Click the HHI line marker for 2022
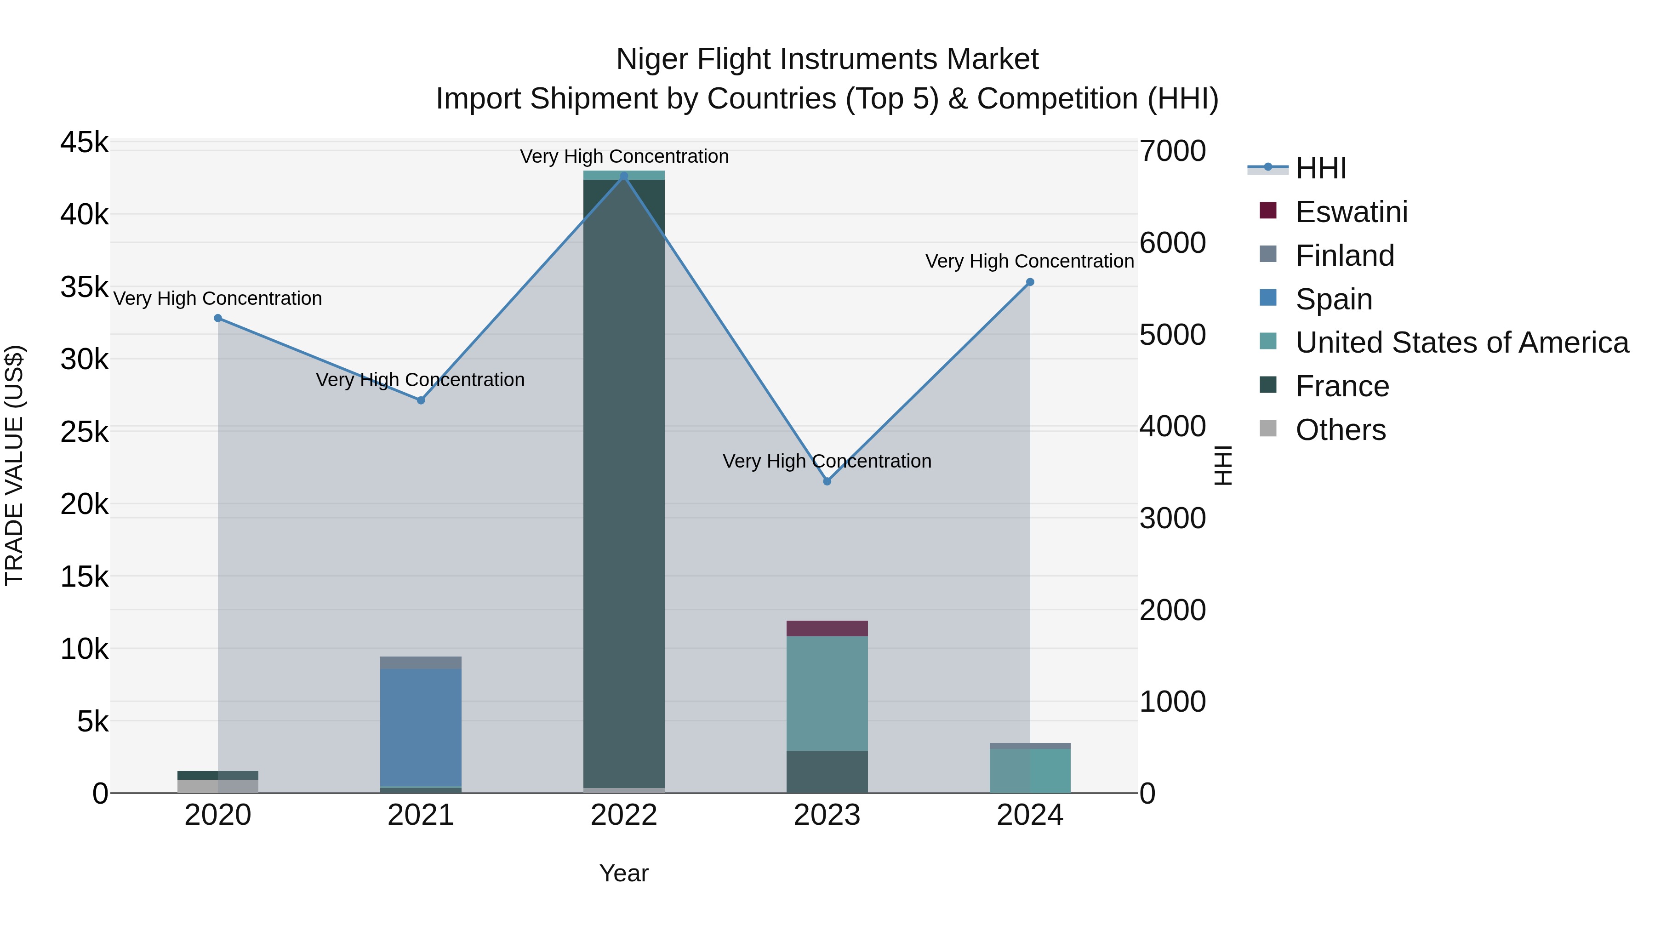tap(623, 176)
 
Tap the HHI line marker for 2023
tap(827, 481)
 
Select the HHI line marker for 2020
tap(218, 318)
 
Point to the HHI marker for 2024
tap(1030, 282)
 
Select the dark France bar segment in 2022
tap(623, 482)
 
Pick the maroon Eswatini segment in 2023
tap(827, 628)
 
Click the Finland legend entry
tap(1344, 256)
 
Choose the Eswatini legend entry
tap(1351, 212)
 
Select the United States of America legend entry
tap(1461, 343)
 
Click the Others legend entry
tap(1340, 430)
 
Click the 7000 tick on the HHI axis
tap(1172, 152)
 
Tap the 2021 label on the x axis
tap(421, 815)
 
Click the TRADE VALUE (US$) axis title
tap(14, 465)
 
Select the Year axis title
tap(623, 873)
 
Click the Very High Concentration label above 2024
tap(1029, 262)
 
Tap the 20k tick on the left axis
tap(84, 504)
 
